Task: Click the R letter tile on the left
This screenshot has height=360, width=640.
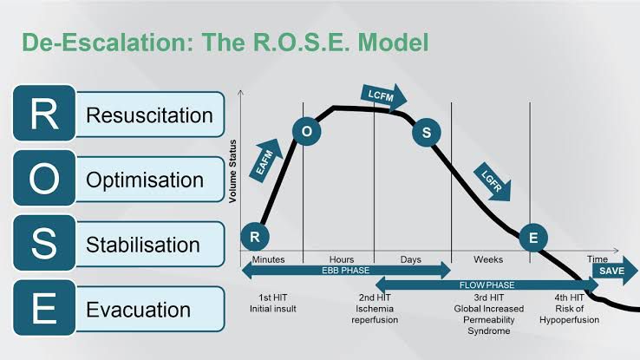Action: click(44, 114)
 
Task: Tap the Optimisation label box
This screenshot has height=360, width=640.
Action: click(144, 180)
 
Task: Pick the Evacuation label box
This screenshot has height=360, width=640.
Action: click(139, 309)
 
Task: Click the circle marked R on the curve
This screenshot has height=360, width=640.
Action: click(254, 236)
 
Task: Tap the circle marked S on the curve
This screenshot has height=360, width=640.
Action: click(426, 133)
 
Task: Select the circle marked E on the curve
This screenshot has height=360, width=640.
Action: click(532, 237)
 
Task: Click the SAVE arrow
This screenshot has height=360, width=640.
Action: click(615, 270)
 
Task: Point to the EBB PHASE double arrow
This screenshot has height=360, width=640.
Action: click(346, 271)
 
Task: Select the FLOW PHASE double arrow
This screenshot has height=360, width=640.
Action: click(486, 283)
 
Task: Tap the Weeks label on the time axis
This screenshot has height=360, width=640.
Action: click(488, 259)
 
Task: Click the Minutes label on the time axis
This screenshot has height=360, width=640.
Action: click(268, 259)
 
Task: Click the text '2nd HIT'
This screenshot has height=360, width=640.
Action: click(374, 298)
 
